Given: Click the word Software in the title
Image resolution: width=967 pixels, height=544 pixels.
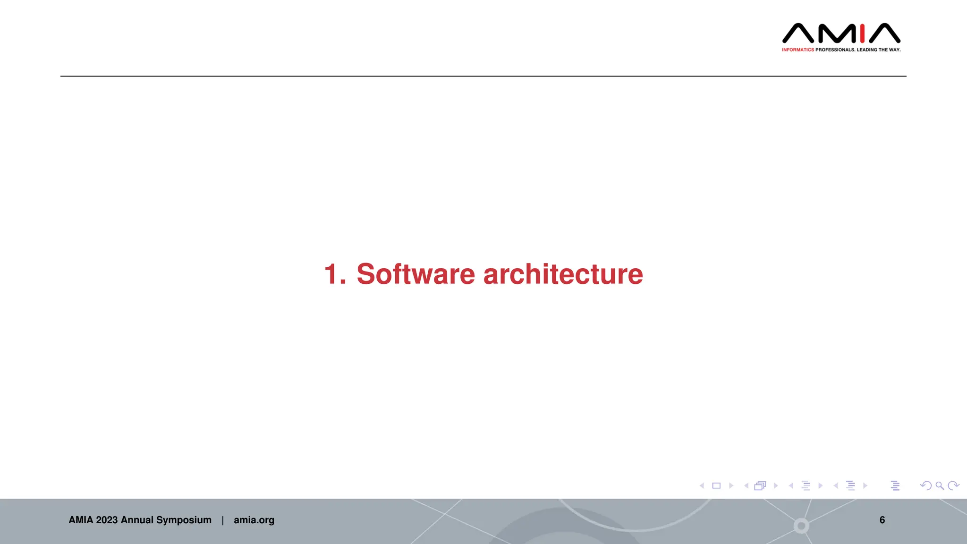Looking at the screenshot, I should pyautogui.click(x=416, y=274).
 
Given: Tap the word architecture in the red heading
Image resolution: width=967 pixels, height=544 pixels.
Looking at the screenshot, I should pyautogui.click(x=563, y=274).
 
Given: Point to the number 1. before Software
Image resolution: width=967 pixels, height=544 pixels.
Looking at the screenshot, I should pyautogui.click(x=335, y=274).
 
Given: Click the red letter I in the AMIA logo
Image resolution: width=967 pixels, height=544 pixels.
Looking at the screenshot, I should pyautogui.click(x=862, y=33).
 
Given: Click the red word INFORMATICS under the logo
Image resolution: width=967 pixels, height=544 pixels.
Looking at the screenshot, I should pyautogui.click(x=798, y=50).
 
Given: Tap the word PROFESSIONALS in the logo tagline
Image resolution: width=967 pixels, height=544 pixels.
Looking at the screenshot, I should pyautogui.click(x=835, y=50).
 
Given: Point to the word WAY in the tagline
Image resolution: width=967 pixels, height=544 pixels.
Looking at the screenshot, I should pyautogui.click(x=895, y=50).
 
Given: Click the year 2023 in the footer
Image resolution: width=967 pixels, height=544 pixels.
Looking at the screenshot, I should pyautogui.click(x=107, y=520).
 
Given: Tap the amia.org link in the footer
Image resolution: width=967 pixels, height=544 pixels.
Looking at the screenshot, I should pyautogui.click(x=254, y=520).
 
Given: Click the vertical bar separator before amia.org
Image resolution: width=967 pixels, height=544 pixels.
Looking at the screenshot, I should pyautogui.click(x=223, y=520).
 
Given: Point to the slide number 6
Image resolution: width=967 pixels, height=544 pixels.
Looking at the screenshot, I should pyautogui.click(x=882, y=520).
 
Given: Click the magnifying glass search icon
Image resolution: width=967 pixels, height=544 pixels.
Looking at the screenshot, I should pyautogui.click(x=940, y=485).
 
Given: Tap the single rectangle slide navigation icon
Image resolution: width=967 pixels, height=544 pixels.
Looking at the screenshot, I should pyautogui.click(x=716, y=485).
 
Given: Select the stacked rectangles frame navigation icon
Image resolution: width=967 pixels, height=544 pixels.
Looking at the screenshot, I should pyautogui.click(x=760, y=485).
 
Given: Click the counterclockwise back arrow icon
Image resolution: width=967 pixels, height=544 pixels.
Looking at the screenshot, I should pyautogui.click(x=925, y=485).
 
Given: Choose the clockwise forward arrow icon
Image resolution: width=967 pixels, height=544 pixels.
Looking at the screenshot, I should pyautogui.click(x=954, y=485).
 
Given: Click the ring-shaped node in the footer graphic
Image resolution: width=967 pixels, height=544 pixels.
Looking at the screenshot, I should pyautogui.click(x=801, y=526).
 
